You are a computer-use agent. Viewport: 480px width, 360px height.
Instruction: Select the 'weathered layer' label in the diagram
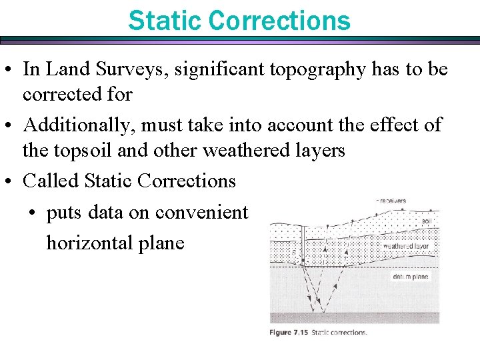click(407, 246)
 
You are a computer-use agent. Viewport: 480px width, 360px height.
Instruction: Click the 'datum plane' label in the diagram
click(411, 276)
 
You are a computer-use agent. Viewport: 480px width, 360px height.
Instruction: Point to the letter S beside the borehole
click(295, 253)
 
